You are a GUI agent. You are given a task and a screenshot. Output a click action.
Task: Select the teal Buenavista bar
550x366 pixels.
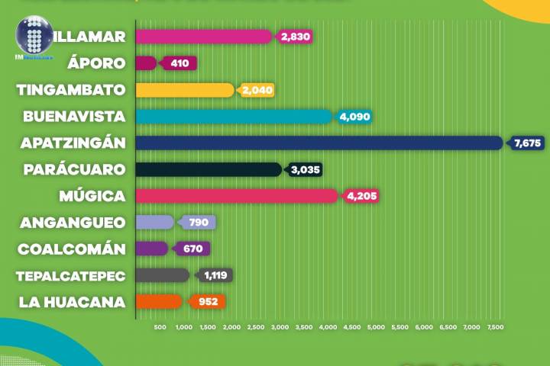[x=234, y=116]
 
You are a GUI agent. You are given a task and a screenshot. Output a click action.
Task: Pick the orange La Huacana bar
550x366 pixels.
[x=159, y=301]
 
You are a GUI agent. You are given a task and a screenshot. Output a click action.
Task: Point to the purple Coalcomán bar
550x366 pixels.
[x=151, y=249]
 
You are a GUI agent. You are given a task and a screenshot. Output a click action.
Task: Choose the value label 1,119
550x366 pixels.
[x=216, y=275]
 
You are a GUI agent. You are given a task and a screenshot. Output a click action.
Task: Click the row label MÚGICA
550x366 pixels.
[x=92, y=196]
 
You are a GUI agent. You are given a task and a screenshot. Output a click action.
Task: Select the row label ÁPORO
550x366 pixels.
[x=96, y=63]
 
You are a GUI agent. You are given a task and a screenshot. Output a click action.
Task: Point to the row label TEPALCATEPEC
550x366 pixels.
[x=72, y=275]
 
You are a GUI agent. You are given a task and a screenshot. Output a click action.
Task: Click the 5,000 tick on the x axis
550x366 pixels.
[x=376, y=328]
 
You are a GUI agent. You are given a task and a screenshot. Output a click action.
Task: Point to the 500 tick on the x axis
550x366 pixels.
[x=160, y=328]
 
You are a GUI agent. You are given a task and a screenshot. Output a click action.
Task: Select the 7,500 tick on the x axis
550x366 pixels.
[x=495, y=328]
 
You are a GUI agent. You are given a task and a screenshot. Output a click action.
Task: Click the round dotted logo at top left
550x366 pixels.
[x=34, y=36]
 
